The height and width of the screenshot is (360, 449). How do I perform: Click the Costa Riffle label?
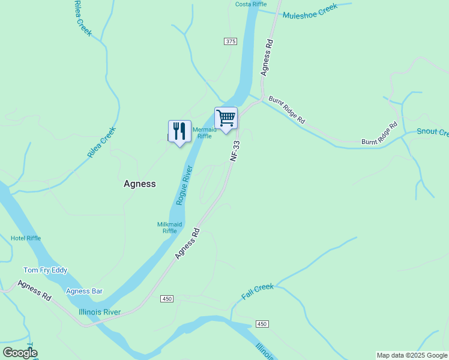coord(251,4)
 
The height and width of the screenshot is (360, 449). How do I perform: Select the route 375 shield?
coord(231,41)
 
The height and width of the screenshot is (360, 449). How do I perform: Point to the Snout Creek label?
coord(432,132)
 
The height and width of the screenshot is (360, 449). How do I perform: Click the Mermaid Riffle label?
coord(204,133)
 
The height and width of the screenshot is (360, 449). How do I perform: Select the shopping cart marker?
coord(226,118)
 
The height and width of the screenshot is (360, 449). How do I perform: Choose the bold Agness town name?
coord(139,184)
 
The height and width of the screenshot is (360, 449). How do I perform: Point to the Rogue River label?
coord(184,186)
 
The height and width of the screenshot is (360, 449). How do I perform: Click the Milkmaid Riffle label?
coord(169,227)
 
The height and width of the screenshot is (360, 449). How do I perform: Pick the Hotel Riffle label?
coord(26,238)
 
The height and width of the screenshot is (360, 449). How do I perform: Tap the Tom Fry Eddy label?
coord(45,271)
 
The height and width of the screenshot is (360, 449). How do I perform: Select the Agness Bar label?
coord(84,292)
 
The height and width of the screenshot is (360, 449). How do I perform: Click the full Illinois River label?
coord(100,312)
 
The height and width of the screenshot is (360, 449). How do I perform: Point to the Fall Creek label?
coord(258,292)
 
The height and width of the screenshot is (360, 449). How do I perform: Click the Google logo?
coord(20,353)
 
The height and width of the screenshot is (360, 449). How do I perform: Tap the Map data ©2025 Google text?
coord(412,355)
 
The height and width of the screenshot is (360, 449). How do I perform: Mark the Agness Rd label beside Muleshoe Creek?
coord(267,58)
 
